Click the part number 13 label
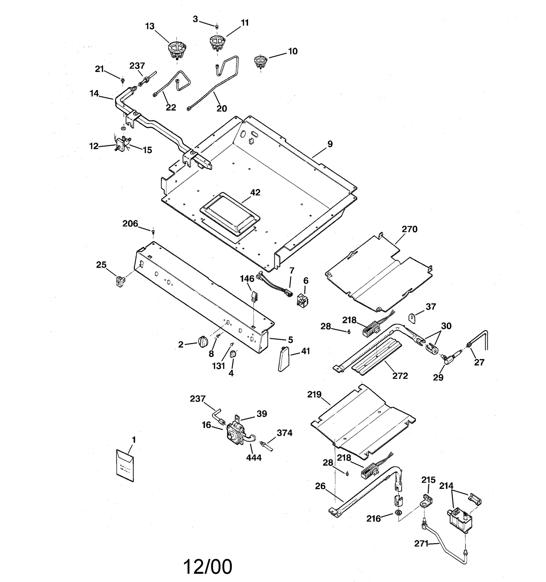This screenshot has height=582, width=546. click(150, 26)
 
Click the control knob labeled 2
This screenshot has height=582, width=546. click(202, 341)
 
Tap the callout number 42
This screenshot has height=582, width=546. click(255, 193)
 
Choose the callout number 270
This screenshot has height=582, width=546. click(409, 229)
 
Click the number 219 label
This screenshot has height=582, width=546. click(314, 394)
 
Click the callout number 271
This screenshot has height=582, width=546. click(421, 543)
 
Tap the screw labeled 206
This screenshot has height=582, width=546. click(153, 232)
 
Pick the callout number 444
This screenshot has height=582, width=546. click(254, 458)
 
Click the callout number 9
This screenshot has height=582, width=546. click(330, 144)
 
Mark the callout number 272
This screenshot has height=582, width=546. click(400, 376)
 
